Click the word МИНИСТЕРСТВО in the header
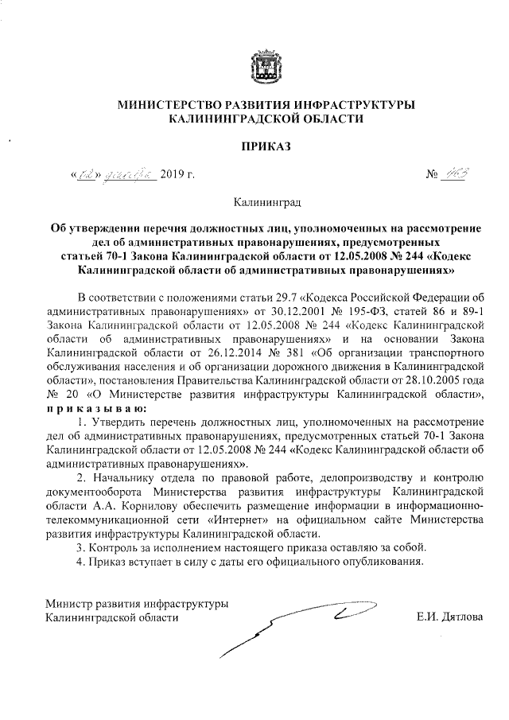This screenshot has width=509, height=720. pos(168,105)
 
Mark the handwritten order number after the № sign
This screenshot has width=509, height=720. pos(459,174)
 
